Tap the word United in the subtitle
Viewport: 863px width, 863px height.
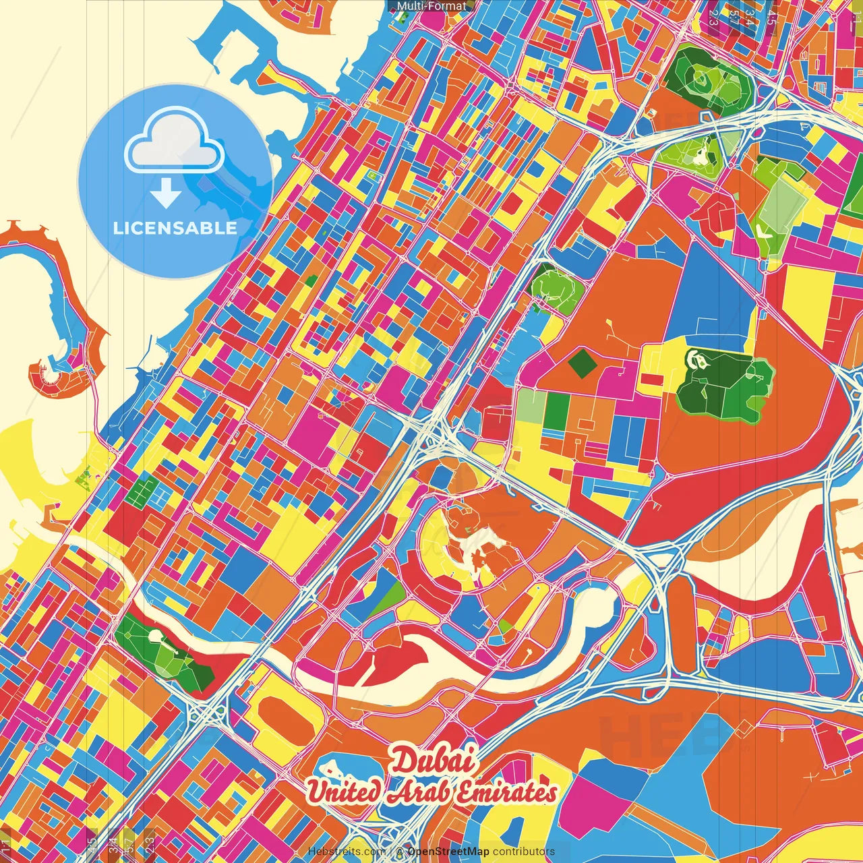(x=343, y=791)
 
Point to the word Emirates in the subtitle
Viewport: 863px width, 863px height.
(x=506, y=792)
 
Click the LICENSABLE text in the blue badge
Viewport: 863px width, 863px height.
(x=175, y=228)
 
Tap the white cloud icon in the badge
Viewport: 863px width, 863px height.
(x=174, y=142)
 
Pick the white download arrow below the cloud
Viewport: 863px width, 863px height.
(x=166, y=193)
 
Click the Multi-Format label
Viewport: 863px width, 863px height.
(x=431, y=6)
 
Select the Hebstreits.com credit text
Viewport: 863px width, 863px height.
(x=347, y=852)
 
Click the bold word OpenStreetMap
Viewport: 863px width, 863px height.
(x=448, y=852)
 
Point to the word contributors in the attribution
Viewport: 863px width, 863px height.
(x=524, y=852)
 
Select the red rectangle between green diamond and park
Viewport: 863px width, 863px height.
(x=651, y=380)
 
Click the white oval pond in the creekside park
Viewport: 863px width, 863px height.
(x=155, y=636)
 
